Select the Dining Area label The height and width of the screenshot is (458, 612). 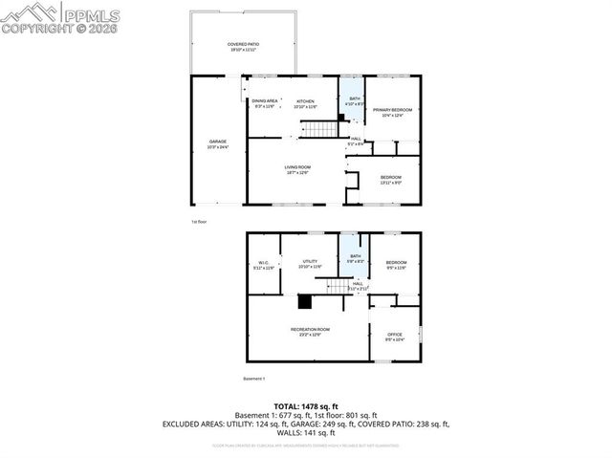[x=265, y=101]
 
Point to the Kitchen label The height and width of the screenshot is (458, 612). [x=305, y=101]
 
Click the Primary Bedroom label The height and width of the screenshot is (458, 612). [x=392, y=110]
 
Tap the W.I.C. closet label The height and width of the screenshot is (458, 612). [x=264, y=264]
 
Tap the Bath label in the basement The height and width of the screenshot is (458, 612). [x=355, y=256]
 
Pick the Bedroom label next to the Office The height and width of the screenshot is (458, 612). [x=396, y=263]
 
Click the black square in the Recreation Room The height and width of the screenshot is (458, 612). [x=305, y=303]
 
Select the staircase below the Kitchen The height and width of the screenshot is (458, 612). [x=328, y=128]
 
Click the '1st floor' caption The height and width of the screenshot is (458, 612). [x=199, y=221]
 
